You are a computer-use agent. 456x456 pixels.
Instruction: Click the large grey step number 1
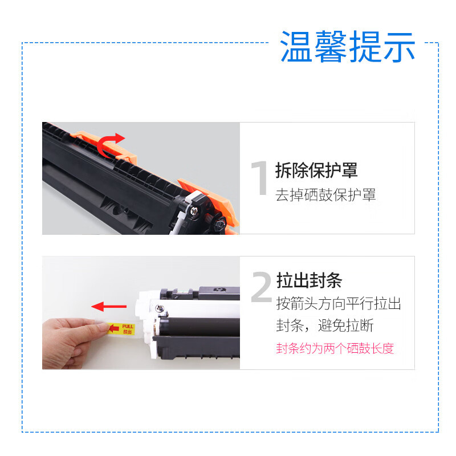pyautogui.click(x=259, y=179)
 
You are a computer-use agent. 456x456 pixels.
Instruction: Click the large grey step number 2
pyautogui.click(x=261, y=288)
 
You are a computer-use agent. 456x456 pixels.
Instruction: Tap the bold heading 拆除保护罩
pyautogui.click(x=316, y=170)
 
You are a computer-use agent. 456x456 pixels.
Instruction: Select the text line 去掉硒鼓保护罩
pyautogui.click(x=325, y=195)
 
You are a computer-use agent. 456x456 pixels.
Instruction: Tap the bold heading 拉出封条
pyautogui.click(x=308, y=280)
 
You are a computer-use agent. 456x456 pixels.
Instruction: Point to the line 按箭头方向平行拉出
pyautogui.click(x=339, y=303)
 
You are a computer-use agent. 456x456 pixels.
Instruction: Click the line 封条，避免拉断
pyautogui.click(x=325, y=325)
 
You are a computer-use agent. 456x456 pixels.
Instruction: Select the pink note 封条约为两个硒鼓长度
pyautogui.click(x=335, y=348)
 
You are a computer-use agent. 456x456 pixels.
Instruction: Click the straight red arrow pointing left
pyautogui.click(x=109, y=307)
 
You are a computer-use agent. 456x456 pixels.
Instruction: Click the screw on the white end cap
pyautogui.click(x=162, y=311)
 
